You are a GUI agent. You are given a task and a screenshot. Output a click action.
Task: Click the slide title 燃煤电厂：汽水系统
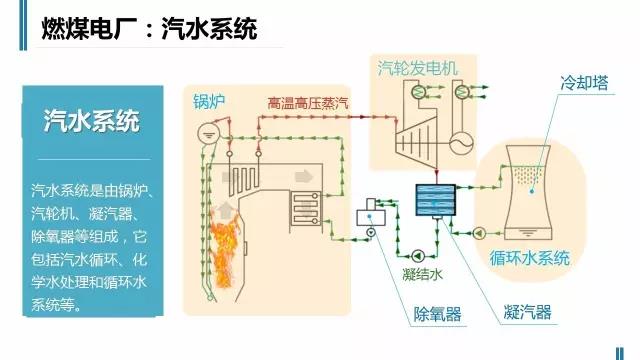(x=148, y=29)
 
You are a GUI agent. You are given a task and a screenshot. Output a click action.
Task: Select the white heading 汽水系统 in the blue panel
(x=91, y=121)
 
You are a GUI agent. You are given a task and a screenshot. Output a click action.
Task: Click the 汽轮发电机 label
(x=417, y=68)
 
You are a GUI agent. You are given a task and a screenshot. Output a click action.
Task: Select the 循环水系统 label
(x=529, y=257)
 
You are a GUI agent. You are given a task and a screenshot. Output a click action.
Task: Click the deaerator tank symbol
(x=376, y=208)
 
